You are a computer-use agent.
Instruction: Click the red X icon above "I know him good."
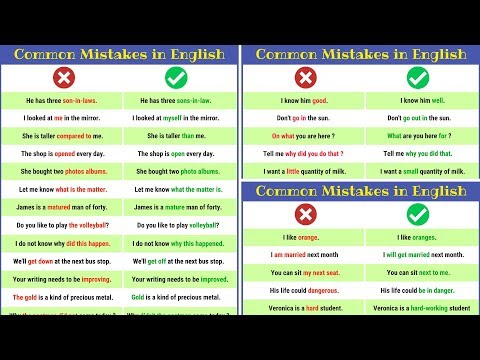coord(304,77)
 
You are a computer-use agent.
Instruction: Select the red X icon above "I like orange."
coord(304,213)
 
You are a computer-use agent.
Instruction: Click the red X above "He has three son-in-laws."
coord(63,77)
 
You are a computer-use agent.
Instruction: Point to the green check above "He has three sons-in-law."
coord(179,77)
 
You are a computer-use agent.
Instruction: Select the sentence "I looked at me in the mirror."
coord(63,118)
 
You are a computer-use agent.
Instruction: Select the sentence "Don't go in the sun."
coord(304,118)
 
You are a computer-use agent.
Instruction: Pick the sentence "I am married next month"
coord(304,255)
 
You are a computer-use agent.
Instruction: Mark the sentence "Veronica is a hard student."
coord(304,309)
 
